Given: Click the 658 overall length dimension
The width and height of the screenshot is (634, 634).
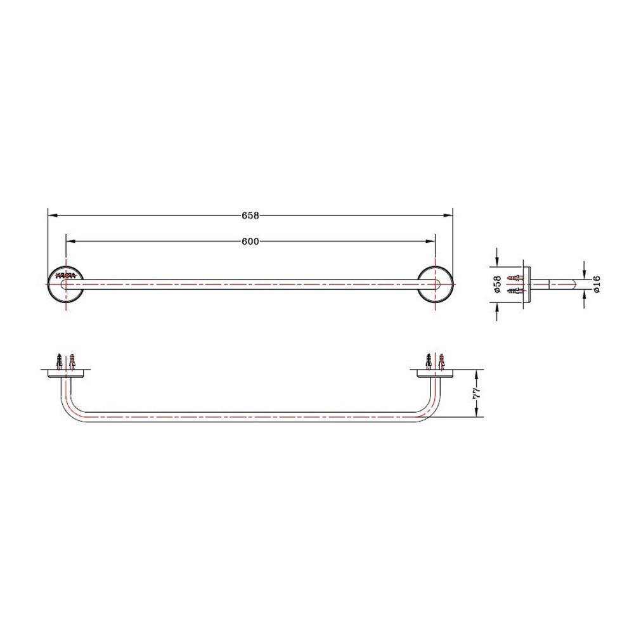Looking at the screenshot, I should point(250,216).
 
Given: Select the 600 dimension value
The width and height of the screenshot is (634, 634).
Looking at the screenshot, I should point(250,241).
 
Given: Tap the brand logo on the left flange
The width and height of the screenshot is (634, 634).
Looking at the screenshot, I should point(66,275).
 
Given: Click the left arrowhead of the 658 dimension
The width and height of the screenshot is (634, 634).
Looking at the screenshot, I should point(52,216).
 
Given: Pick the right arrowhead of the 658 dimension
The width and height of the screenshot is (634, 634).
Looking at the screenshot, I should point(449,216).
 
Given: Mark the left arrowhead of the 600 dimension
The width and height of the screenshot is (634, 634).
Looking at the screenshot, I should point(69,241).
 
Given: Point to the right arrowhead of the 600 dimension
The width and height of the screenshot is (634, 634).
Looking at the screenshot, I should point(431,241).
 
